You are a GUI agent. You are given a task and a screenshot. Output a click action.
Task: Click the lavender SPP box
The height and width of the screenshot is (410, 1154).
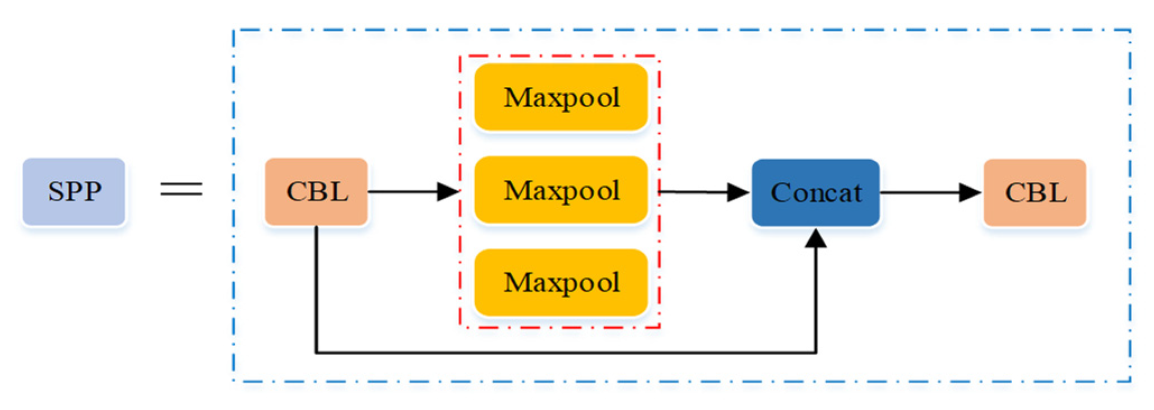tap(73, 192)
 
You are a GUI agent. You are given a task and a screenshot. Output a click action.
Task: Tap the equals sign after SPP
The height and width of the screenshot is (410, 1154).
tap(181, 189)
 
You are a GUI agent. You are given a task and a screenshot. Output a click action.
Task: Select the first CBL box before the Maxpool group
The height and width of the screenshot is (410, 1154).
tap(316, 192)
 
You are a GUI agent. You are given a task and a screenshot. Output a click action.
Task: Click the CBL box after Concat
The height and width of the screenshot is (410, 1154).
tap(1035, 192)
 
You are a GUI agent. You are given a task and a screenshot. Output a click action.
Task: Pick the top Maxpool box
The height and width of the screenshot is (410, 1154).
tap(561, 97)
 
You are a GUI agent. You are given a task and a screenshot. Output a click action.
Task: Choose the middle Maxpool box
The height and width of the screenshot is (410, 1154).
tap(561, 190)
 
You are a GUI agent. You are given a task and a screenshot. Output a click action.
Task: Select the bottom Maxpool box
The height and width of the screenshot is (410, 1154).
tap(561, 282)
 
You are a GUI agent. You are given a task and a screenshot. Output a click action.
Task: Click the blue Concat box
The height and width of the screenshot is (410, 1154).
tap(815, 193)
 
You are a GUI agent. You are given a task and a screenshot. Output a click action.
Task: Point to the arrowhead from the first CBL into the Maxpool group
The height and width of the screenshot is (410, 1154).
tap(448, 192)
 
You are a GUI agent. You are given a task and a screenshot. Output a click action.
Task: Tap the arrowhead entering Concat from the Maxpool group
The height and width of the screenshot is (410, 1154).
tap(739, 193)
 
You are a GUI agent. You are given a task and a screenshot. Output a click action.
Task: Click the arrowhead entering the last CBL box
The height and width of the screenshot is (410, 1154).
tap(970, 193)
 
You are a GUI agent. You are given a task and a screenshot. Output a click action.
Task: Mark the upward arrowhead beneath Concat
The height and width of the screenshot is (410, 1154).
tap(815, 239)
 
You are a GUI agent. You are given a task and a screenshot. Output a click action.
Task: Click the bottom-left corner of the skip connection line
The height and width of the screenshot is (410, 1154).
tap(316, 353)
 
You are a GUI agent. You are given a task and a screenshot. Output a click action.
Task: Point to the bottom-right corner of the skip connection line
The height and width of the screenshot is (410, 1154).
tap(815, 353)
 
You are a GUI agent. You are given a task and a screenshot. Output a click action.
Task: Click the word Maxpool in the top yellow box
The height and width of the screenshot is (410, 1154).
tap(562, 98)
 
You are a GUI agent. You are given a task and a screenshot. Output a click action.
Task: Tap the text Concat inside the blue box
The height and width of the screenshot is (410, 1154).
tap(816, 193)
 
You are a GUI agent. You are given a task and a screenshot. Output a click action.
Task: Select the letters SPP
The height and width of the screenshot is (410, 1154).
tap(75, 192)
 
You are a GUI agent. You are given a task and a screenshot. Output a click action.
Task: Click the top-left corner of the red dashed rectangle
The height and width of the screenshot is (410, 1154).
tap(460, 56)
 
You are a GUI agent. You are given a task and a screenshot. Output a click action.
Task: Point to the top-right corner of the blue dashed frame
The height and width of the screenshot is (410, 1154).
tap(1130, 30)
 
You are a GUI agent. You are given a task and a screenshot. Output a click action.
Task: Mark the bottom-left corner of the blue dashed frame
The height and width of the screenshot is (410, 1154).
tap(234, 381)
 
